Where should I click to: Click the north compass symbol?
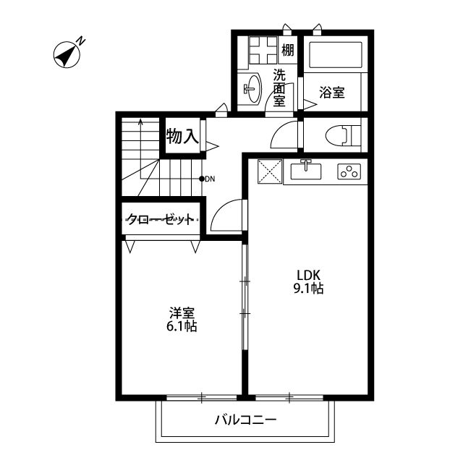(67, 55)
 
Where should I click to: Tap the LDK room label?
(307, 274)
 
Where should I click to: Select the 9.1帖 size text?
(307, 289)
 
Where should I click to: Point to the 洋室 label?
(182, 313)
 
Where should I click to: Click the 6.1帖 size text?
(182, 326)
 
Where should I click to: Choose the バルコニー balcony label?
(245, 420)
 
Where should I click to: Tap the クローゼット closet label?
(161, 219)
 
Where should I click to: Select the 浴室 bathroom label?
(331, 93)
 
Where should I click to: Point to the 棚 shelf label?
(288, 51)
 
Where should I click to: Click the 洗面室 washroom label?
(279, 88)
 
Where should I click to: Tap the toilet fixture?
(340, 135)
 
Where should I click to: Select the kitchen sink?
(307, 171)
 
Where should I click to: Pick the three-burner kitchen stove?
(349, 171)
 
